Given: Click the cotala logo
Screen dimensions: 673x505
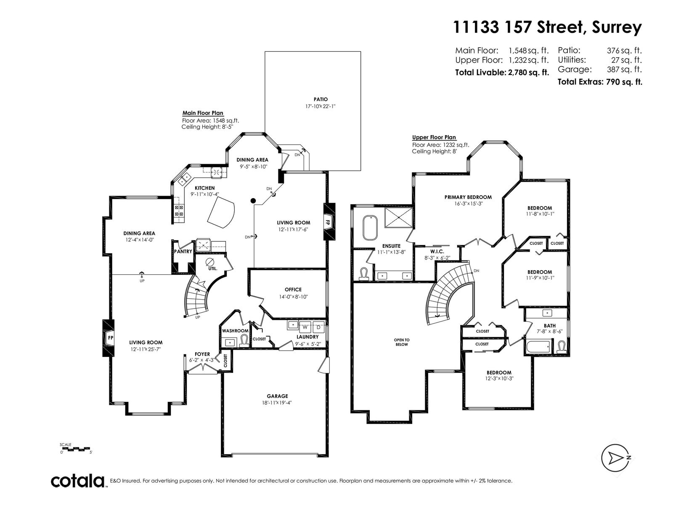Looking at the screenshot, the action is point(78,481).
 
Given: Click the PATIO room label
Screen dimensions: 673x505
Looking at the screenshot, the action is point(321,99).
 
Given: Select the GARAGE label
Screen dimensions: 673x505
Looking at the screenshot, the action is point(277,396).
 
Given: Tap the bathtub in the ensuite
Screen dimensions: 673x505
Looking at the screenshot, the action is point(371,228).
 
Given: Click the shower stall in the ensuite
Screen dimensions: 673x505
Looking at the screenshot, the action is point(398,218).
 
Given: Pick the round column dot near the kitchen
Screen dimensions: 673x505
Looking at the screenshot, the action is point(253,201).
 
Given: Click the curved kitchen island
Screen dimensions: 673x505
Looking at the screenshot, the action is point(221,212).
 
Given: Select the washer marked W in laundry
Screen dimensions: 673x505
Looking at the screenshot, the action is point(305,327).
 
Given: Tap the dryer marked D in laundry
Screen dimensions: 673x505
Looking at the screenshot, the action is point(318,327).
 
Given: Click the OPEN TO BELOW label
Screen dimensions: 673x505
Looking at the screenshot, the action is point(402,342).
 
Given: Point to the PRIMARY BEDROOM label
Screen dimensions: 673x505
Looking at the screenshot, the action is point(468,197).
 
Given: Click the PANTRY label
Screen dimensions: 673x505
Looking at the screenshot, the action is point(183,251).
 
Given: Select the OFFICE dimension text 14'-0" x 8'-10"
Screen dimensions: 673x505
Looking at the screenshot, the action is point(293,297).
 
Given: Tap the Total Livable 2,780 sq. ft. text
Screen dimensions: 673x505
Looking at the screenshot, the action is point(502,72).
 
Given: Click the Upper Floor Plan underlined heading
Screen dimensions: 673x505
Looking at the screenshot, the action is point(434,137).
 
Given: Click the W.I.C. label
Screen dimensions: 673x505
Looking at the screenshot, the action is point(437,251).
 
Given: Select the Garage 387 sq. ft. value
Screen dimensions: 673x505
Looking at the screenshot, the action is point(624,69).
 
